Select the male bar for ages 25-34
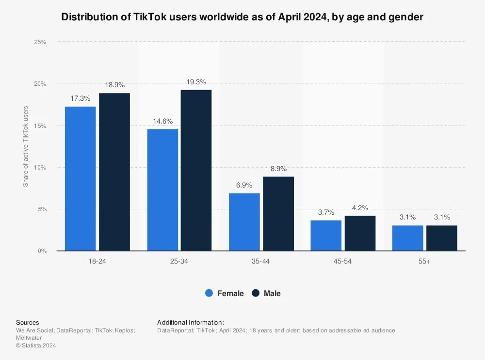[x=196, y=170]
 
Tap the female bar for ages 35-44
[x=244, y=222]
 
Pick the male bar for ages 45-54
[x=360, y=233]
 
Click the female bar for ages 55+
[x=408, y=238]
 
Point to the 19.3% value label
[x=196, y=82]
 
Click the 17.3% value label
[x=80, y=98]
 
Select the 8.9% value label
[x=278, y=169]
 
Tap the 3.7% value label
[x=326, y=213]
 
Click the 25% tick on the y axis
[x=40, y=42]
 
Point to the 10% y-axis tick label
[x=40, y=168]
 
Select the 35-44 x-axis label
[x=261, y=261]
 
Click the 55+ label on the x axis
[x=425, y=261]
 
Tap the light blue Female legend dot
[x=210, y=293]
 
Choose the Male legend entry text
[x=272, y=293]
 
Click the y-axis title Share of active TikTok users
[x=26, y=146]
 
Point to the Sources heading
[x=28, y=322]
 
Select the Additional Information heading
[x=191, y=322]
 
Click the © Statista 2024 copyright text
[x=36, y=345]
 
